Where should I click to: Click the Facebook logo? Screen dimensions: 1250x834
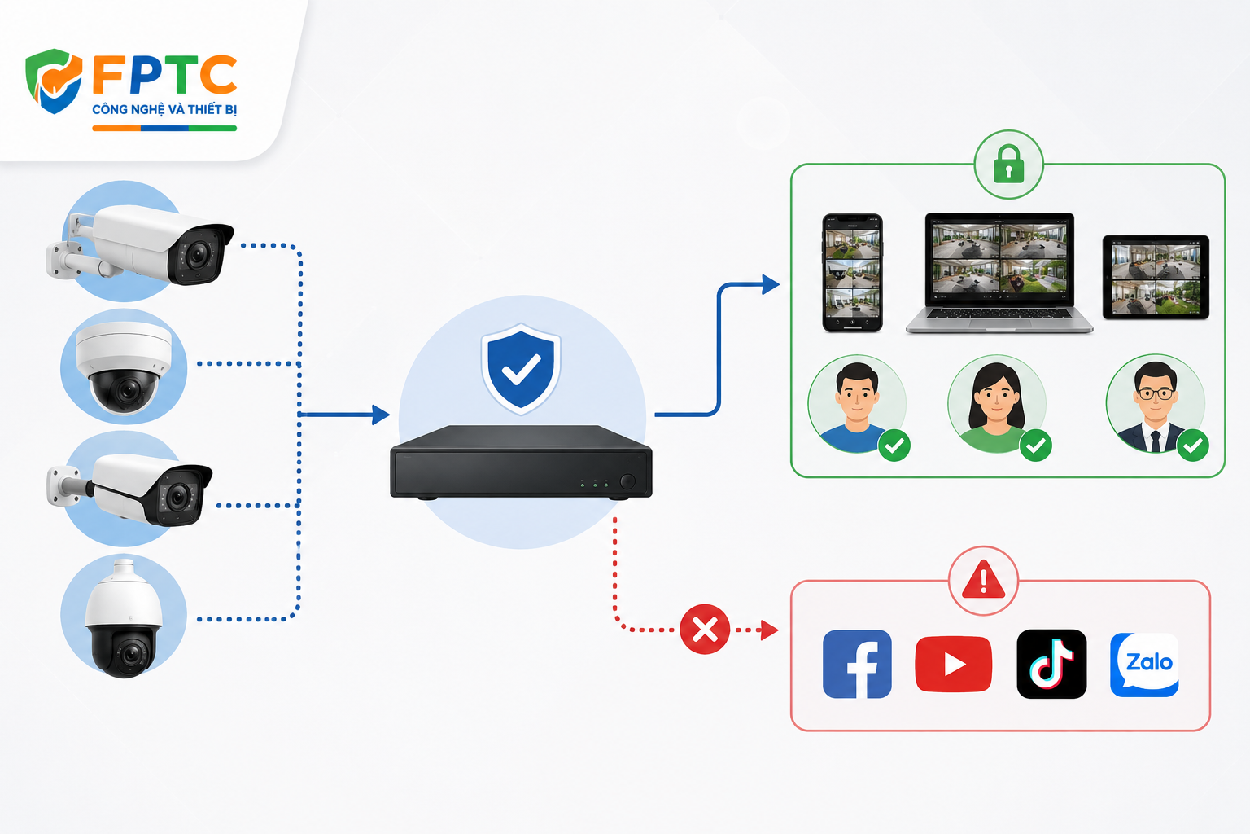tap(857, 664)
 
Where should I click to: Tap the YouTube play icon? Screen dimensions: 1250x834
tap(954, 664)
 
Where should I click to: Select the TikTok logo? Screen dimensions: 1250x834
tap(1051, 664)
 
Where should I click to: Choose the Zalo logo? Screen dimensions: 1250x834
tap(1144, 665)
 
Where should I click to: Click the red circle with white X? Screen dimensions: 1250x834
tap(704, 630)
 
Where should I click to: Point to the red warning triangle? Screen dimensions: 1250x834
tap(983, 579)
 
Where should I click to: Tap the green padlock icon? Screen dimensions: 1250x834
tap(1008, 165)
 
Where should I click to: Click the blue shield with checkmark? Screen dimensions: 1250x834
tap(521, 368)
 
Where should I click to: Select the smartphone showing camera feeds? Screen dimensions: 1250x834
tap(852, 273)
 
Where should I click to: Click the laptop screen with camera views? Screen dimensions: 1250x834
tap(999, 261)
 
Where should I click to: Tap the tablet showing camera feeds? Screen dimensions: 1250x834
tap(1156, 278)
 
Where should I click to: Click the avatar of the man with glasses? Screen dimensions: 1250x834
tap(1155, 404)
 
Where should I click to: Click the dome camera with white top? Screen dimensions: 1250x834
tap(124, 367)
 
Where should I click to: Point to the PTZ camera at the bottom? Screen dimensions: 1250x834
tap(124, 618)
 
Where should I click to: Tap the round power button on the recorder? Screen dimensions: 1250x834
tap(627, 481)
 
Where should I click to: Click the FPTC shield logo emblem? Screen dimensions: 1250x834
tap(54, 81)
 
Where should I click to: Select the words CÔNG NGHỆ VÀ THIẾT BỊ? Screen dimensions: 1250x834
tap(164, 109)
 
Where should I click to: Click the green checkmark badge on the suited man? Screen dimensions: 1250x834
tap(1192, 446)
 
